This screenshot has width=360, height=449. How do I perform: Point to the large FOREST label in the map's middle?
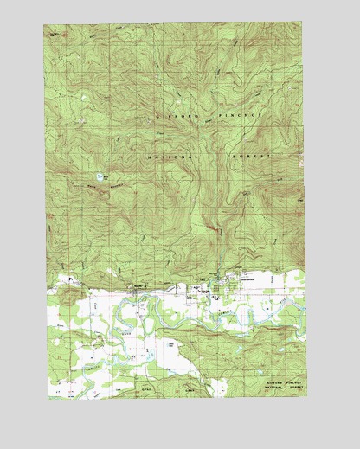tap(252, 157)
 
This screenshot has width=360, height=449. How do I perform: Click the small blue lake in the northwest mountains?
tap(101, 177)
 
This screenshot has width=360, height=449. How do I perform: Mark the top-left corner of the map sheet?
tap(44, 24)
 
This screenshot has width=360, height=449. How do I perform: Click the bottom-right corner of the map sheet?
tap(307, 399)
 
